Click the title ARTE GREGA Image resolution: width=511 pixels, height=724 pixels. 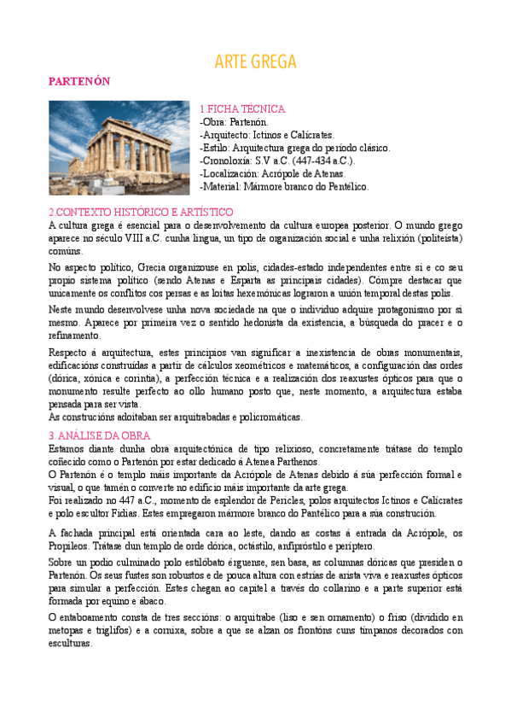[255, 61]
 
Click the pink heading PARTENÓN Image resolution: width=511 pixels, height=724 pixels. [79, 80]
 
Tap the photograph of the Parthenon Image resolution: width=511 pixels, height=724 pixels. [119, 147]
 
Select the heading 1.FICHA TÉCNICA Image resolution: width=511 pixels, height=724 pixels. [241, 109]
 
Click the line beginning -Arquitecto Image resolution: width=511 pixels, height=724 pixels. [266, 135]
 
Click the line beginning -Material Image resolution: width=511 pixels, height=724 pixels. [283, 186]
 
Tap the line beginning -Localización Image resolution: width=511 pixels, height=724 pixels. [276, 173]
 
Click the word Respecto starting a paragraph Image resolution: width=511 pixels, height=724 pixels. [69, 353]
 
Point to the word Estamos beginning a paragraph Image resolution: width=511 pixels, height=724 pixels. [67, 448]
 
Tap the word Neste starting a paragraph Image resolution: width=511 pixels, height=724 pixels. [62, 309]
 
